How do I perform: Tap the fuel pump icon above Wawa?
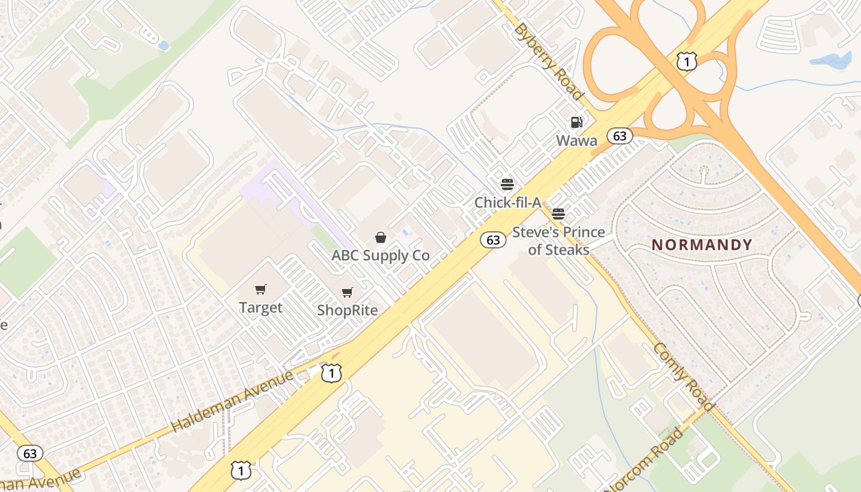(x=576, y=122)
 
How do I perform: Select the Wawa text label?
(x=576, y=141)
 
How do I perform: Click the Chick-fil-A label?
(x=507, y=202)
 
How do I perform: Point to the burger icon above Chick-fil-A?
(x=507, y=184)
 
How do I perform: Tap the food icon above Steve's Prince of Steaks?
(x=558, y=214)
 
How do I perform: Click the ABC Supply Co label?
(x=381, y=255)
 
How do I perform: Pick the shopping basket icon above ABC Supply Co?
(x=381, y=237)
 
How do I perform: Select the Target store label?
(x=261, y=307)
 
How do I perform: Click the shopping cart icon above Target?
(x=261, y=289)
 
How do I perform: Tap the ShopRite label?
(x=347, y=311)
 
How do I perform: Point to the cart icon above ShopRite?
(x=347, y=292)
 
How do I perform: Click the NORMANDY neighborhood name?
(x=702, y=245)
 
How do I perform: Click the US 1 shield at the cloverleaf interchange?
(x=686, y=61)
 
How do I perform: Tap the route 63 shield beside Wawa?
(x=619, y=136)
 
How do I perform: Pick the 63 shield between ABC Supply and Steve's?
(x=493, y=240)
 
